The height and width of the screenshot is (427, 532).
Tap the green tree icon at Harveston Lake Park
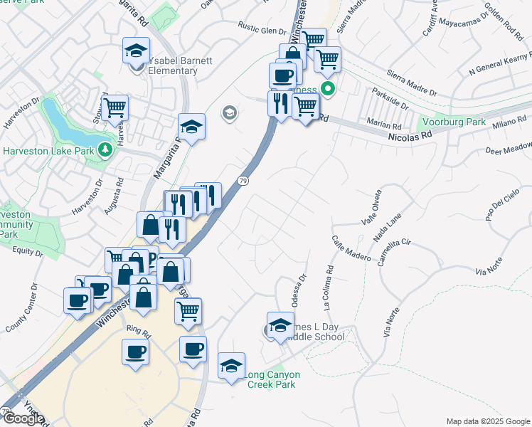(x=105, y=149)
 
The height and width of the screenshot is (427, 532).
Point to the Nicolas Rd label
(x=410, y=135)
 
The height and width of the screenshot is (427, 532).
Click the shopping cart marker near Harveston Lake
(x=115, y=107)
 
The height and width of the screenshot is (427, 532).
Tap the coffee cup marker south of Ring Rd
(x=136, y=351)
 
